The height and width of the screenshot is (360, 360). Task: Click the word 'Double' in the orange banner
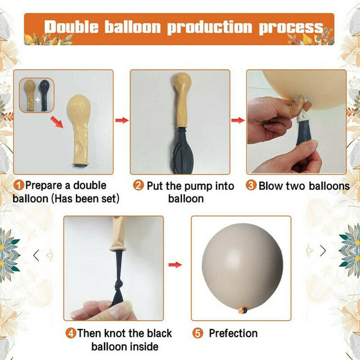point(72,27)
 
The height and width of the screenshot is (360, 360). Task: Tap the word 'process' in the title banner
point(291,28)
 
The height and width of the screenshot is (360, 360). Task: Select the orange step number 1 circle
point(18,185)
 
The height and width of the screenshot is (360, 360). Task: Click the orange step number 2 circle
point(138,185)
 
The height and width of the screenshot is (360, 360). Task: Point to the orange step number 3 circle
point(251,185)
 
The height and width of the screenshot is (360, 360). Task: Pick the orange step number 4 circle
point(71,333)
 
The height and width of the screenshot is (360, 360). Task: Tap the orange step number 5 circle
point(198,333)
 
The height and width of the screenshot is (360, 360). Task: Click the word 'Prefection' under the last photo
point(233,333)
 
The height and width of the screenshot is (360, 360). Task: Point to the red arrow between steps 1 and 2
point(122,120)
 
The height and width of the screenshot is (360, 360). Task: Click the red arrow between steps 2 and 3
point(238,120)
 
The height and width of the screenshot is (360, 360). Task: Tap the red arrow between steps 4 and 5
point(175,265)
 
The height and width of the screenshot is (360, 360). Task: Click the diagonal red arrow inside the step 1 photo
point(57,122)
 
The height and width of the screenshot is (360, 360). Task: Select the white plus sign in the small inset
point(37,99)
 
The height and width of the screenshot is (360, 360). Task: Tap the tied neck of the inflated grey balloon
point(243,310)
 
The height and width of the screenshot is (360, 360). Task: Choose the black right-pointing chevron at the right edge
point(323,251)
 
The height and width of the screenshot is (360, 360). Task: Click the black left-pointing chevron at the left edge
point(36,255)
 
